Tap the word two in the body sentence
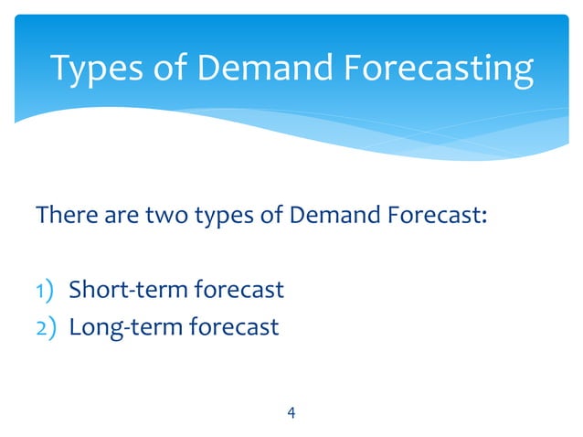154,218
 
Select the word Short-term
128,291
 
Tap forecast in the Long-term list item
233,326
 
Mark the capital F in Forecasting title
347,69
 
